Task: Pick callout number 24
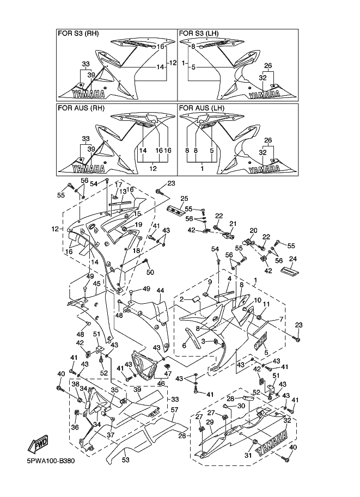[x=292, y=259]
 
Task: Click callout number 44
[x=161, y=291]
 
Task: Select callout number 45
[x=96, y=284]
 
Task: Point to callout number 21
[x=233, y=224]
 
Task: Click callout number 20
[x=253, y=230]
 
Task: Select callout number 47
[x=168, y=374]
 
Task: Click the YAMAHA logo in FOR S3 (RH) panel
[x=88, y=92]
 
